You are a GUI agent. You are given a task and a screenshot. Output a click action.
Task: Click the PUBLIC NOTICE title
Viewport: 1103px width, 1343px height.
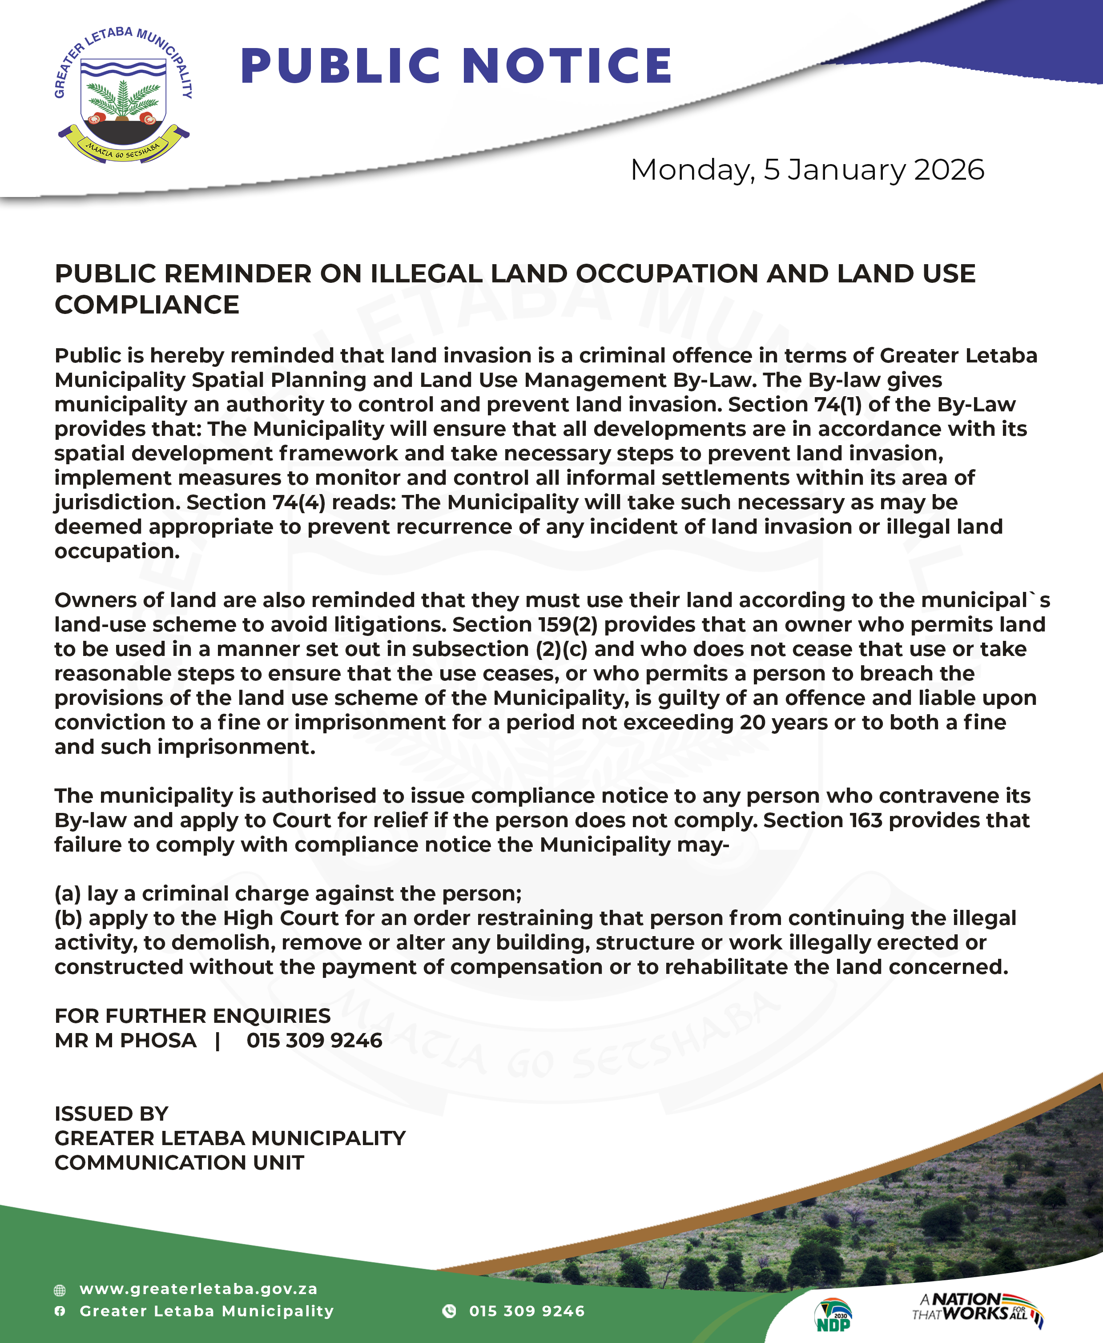pos(456,66)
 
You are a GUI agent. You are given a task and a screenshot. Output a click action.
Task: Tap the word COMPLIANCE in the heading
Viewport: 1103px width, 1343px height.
pos(147,305)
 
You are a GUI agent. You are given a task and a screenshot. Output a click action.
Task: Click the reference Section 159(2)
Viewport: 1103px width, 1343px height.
pos(525,624)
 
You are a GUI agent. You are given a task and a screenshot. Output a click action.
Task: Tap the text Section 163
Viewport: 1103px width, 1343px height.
pos(823,820)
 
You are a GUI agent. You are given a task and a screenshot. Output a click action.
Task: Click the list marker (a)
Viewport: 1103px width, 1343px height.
pos(67,893)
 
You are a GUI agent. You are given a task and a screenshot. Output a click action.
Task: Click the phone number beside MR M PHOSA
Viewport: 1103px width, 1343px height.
pos(314,1041)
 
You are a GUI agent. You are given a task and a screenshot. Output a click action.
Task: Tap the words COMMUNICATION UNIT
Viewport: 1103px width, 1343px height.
pos(179,1162)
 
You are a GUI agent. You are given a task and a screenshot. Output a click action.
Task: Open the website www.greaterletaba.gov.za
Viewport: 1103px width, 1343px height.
pos(198,1289)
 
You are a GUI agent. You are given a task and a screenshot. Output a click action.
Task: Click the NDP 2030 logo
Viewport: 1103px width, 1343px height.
pos(833,1315)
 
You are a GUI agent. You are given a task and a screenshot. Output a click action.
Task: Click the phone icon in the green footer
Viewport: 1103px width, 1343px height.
pos(449,1311)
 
